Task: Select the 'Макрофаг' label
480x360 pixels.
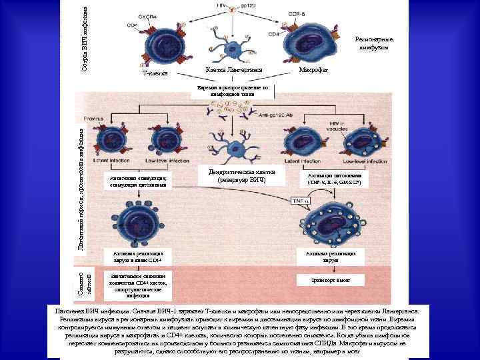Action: tap(313, 69)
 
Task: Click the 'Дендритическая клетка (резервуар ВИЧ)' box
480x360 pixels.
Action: tap(243, 175)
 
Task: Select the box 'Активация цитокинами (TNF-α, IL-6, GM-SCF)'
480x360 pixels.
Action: tap(334, 179)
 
